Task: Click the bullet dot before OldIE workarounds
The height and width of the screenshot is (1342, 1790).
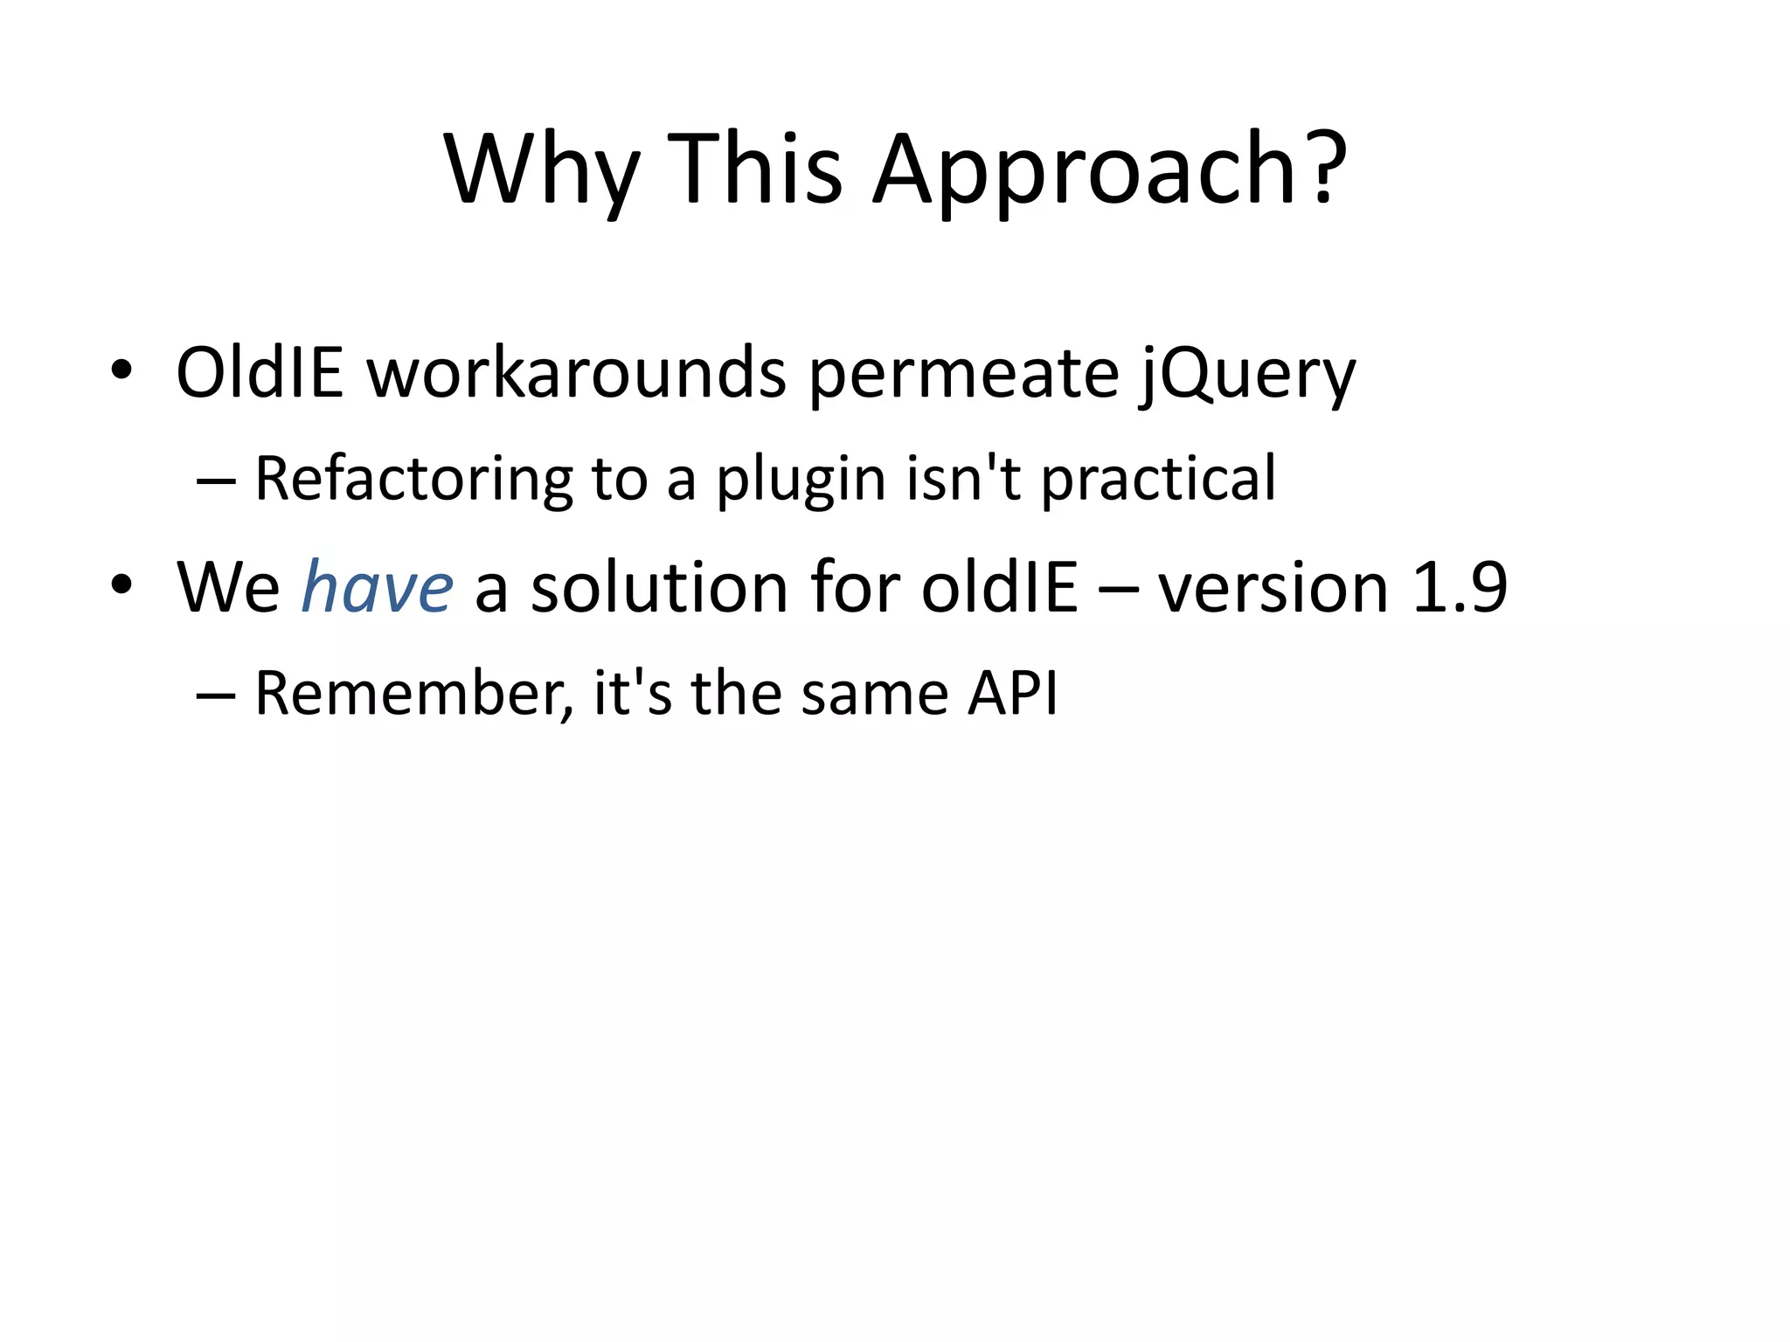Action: click(121, 370)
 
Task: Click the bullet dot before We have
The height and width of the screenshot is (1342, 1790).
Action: click(121, 585)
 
